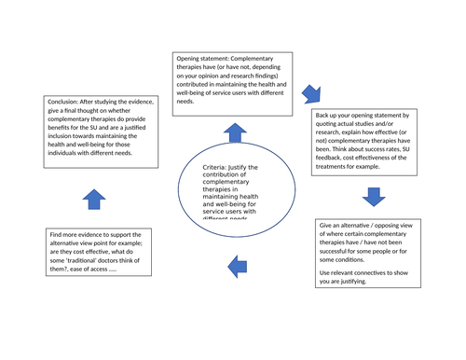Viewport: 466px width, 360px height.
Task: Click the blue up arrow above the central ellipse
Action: point(234,132)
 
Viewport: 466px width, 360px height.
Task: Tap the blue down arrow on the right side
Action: point(373,196)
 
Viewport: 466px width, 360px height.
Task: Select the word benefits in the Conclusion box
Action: point(63,132)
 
